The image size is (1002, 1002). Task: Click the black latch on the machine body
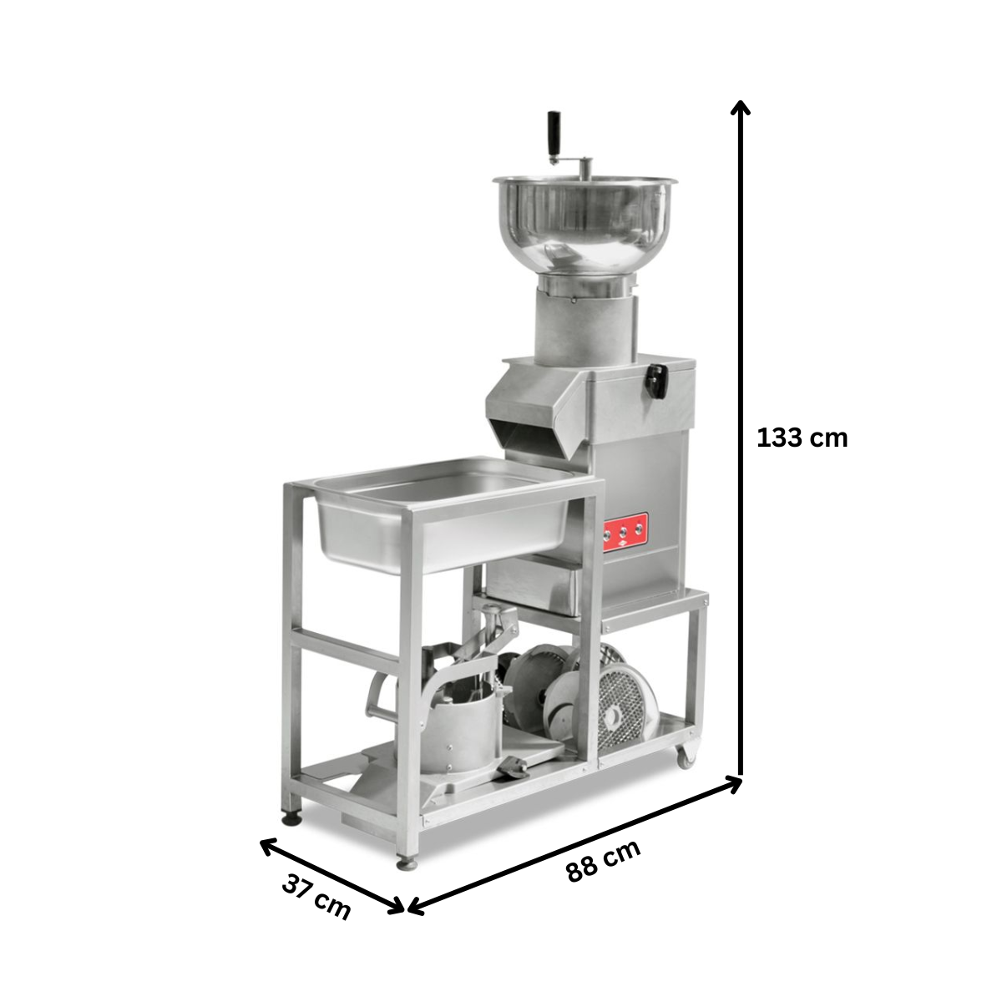click(x=657, y=380)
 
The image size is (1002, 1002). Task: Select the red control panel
click(x=625, y=529)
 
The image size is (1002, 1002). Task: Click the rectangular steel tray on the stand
click(x=443, y=514)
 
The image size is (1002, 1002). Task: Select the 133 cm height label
click(x=802, y=438)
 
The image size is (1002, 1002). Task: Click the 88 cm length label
click(x=604, y=861)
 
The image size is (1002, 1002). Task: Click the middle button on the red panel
click(x=625, y=529)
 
